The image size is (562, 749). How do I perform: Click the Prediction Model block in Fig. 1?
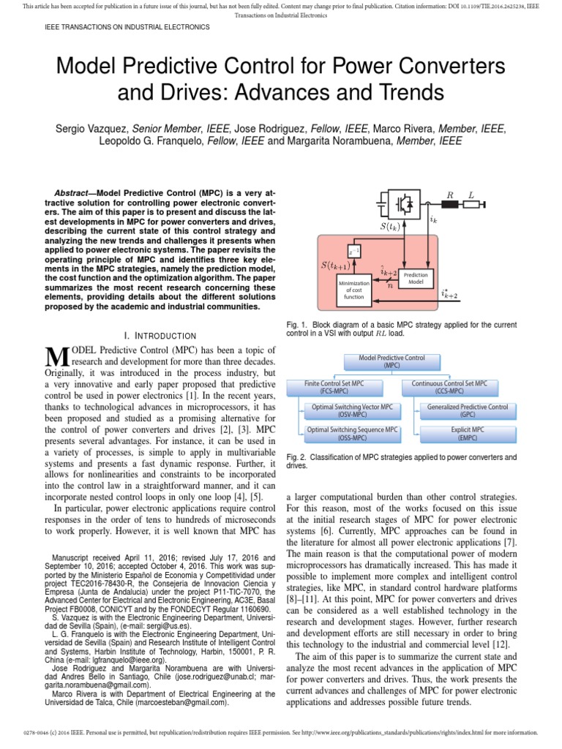click(416, 278)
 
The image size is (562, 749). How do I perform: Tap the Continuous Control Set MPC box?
click(449, 386)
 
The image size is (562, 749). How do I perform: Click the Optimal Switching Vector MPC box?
click(352, 410)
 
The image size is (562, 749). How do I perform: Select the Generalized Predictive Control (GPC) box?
click(468, 410)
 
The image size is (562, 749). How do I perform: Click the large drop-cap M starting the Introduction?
click(56, 357)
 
